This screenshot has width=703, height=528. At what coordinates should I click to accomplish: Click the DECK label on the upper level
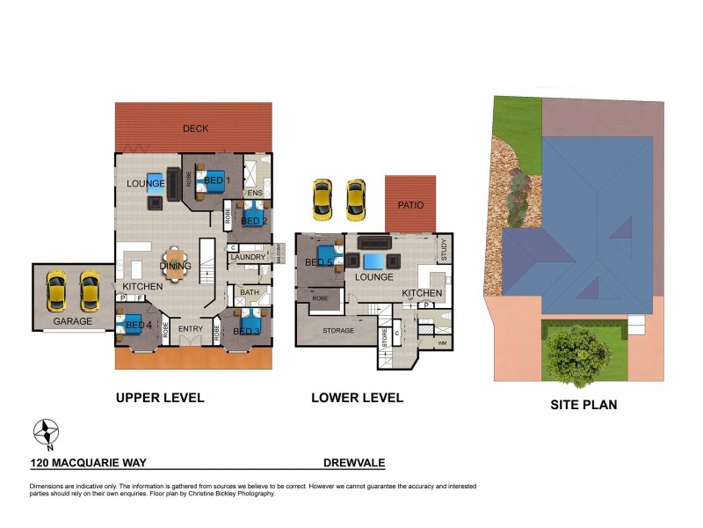195,128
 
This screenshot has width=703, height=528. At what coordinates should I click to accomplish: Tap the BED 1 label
216,180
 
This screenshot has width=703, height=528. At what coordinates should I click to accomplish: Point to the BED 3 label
245,331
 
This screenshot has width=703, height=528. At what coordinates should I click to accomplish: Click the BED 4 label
138,326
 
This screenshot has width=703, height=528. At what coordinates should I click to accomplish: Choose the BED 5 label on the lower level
318,262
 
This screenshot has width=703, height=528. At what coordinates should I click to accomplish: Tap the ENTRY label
191,329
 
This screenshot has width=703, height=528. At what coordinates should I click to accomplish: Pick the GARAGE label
72,321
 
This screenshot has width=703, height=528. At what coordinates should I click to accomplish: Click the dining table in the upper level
175,265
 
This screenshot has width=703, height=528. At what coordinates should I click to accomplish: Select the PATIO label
409,205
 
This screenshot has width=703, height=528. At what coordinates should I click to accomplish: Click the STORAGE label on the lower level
337,330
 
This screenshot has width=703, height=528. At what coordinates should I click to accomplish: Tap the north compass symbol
46,432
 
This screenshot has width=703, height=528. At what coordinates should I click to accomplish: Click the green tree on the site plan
578,356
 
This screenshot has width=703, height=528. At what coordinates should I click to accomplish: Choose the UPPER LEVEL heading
160,398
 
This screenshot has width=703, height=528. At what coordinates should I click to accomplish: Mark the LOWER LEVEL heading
357,398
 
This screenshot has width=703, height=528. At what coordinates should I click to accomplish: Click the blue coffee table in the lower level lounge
373,260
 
